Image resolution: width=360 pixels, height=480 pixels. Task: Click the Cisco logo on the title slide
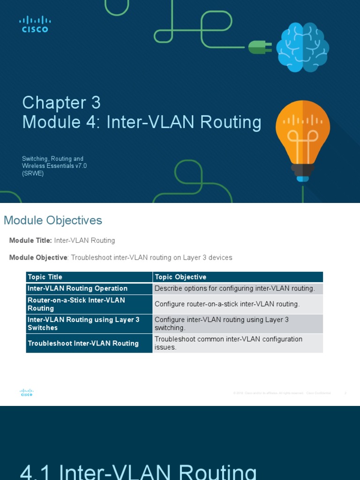coord(35,24)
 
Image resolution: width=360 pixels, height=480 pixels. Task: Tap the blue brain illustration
coord(302,47)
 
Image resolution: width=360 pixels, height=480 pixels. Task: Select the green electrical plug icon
coord(260,47)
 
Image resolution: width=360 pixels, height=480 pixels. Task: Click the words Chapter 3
coord(61,103)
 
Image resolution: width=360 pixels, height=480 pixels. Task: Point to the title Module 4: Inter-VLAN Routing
coord(142,122)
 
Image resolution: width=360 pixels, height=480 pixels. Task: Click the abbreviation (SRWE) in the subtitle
coord(33,173)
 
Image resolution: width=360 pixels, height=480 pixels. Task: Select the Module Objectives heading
coord(53,220)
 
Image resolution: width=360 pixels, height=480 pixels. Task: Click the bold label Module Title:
coord(30,240)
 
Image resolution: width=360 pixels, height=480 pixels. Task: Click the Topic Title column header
coord(45,277)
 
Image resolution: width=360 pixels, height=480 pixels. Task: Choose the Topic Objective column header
coord(180,277)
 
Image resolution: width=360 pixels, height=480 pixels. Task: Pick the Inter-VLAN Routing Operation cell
coord(78,288)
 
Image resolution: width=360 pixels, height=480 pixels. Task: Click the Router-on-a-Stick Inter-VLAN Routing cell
coord(76,304)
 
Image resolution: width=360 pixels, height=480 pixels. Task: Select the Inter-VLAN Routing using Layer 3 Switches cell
coord(83,323)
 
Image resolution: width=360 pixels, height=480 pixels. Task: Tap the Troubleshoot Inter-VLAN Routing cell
coord(83,343)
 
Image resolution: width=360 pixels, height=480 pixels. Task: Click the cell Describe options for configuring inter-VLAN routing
coord(234,288)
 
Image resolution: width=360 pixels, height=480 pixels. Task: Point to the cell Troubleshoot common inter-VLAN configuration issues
coord(229,343)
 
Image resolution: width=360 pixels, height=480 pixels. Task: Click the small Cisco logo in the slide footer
coord(27,393)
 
